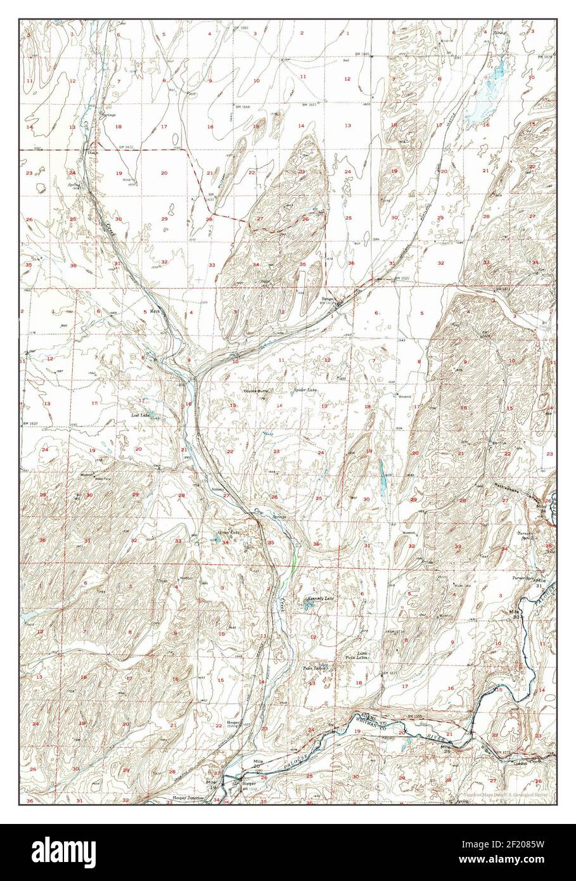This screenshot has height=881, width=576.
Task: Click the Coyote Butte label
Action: pos(256,391)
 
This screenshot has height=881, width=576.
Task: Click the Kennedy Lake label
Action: pos(320,598)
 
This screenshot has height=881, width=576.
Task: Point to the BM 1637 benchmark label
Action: pos(30,423)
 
